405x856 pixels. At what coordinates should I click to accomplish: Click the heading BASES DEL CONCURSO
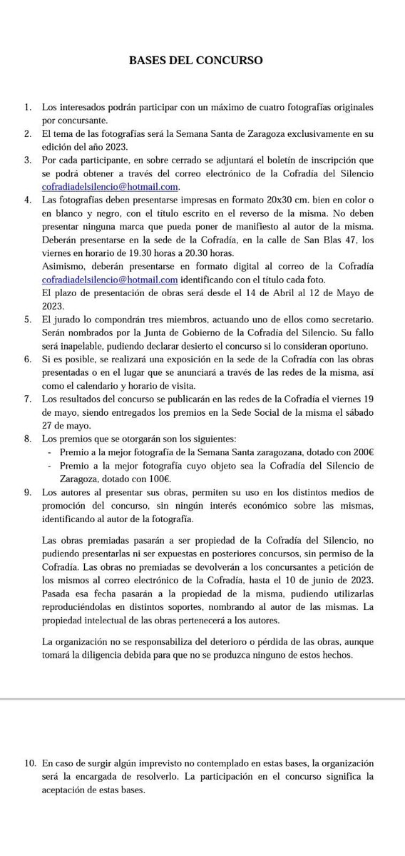coord(195,61)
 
